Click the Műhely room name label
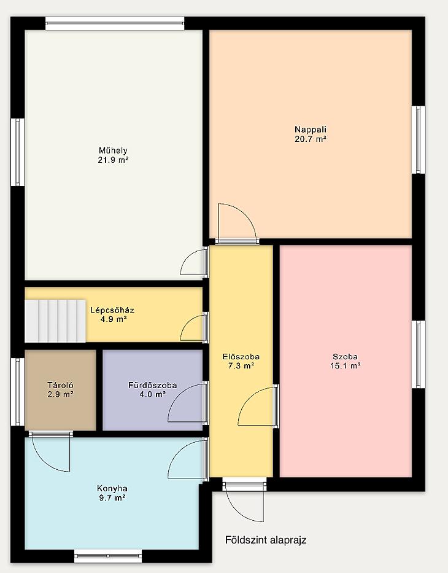click(113, 150)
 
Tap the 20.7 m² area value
click(310, 139)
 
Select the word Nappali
click(311, 130)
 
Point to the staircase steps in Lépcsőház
click(55, 321)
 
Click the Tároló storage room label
click(60, 385)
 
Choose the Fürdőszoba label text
click(153, 385)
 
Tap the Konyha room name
click(112, 489)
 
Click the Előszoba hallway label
click(241, 357)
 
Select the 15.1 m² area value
click(346, 366)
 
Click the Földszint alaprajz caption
click(266, 540)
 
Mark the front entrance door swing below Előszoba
click(245, 502)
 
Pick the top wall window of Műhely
click(115, 23)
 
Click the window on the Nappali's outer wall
click(419, 140)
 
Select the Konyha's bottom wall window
click(108, 556)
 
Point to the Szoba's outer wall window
click(419, 354)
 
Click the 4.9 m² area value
click(113, 319)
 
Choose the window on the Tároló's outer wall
click(18, 392)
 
